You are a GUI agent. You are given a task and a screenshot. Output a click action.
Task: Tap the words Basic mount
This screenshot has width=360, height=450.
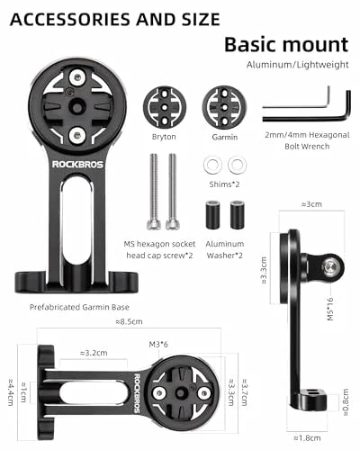coord(286,43)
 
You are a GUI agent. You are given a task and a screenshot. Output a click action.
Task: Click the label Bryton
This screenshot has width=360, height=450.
coord(165,137)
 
